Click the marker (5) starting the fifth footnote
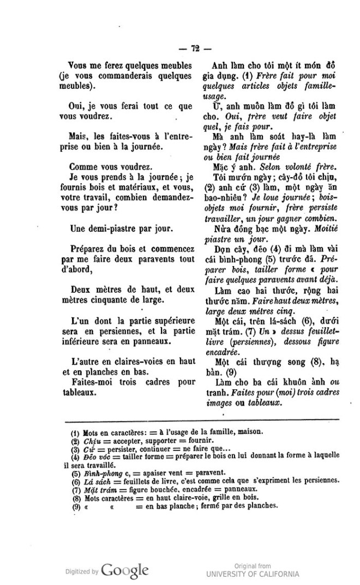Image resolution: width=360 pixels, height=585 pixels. pyautogui.click(x=76, y=473)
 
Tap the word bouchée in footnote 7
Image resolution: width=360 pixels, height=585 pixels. pyautogui.click(x=146, y=488)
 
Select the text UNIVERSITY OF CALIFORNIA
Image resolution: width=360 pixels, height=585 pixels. pyautogui.click(x=252, y=574)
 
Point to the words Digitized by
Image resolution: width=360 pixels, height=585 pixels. pyautogui.click(x=80, y=572)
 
